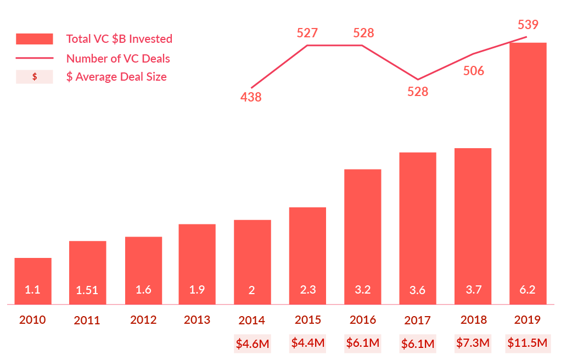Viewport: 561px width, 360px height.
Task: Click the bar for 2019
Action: coord(528,173)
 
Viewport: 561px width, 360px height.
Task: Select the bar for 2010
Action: coord(33,280)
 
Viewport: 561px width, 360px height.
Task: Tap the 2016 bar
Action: coord(362,236)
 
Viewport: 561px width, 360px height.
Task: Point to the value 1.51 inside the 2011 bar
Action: coord(88,290)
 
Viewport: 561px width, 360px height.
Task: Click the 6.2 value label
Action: coord(528,290)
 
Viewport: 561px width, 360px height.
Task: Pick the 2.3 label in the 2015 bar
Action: coord(307,290)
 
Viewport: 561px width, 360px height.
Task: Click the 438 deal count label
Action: coord(251,98)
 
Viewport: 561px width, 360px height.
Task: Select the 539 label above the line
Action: coord(528,25)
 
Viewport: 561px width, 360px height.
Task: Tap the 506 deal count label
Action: coord(473,70)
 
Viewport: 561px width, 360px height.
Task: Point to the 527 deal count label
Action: coord(307,33)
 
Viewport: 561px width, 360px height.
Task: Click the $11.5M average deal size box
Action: coord(528,343)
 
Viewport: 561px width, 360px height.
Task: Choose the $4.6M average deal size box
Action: coord(253,344)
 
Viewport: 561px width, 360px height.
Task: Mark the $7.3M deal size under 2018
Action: coord(473,343)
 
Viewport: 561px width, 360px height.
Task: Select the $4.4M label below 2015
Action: coord(307,343)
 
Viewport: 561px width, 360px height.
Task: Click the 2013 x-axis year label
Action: coord(197,320)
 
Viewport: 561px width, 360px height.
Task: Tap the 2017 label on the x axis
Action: coord(417,320)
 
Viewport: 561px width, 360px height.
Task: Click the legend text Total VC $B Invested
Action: coord(119,39)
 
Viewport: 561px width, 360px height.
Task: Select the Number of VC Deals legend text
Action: coord(118,58)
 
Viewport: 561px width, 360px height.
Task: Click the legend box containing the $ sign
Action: coord(35,77)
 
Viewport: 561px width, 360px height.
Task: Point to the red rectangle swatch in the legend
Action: coord(35,39)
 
